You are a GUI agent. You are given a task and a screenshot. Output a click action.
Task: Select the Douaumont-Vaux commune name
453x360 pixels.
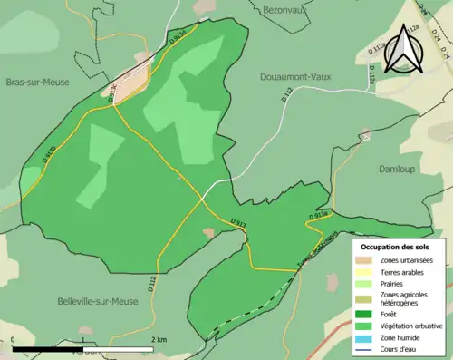tap(297, 77)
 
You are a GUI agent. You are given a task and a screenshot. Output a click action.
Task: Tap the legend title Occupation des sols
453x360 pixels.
tap(395, 247)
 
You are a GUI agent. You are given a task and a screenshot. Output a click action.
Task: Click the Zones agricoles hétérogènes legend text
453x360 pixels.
tap(404, 298)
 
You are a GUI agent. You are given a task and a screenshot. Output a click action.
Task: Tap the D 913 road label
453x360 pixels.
tap(237, 222)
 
